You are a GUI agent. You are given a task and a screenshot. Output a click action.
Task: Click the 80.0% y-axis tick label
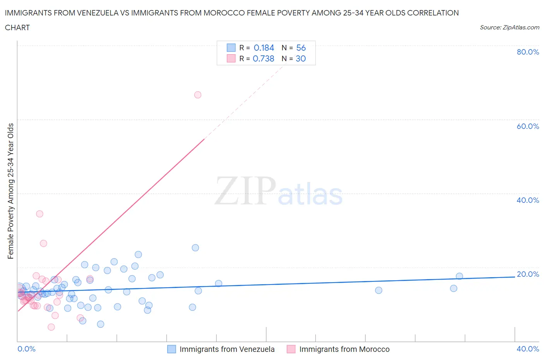point(528,52)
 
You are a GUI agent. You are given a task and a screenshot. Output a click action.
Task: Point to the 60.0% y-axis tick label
point(528,126)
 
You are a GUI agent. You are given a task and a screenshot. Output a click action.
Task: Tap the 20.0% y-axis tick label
point(528,274)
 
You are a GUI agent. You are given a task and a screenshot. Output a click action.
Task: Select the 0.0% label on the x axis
point(26,349)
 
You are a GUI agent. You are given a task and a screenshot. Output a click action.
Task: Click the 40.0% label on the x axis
point(528,349)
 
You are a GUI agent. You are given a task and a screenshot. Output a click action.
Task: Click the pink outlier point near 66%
point(198,95)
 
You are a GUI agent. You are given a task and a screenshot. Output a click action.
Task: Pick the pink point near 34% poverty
point(39,214)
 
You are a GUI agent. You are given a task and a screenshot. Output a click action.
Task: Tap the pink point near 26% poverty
point(43,243)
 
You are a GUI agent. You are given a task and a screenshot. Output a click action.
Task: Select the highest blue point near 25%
point(195,248)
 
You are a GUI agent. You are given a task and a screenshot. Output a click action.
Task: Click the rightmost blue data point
point(459,276)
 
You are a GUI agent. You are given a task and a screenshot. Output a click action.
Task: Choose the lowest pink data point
point(51,327)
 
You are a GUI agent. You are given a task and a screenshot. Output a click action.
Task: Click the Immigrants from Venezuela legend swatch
point(171,349)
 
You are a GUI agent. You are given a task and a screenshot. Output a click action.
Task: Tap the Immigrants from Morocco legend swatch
point(291,349)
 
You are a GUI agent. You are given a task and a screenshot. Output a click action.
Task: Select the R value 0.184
point(264,48)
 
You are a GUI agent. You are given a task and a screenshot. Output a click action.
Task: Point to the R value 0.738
point(263,58)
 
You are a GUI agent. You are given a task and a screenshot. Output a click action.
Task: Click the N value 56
point(301,48)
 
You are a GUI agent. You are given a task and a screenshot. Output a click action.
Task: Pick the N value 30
point(301,58)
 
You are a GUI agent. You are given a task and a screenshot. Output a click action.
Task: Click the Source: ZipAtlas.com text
point(509,27)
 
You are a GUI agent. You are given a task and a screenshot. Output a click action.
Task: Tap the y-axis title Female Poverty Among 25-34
point(10,191)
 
